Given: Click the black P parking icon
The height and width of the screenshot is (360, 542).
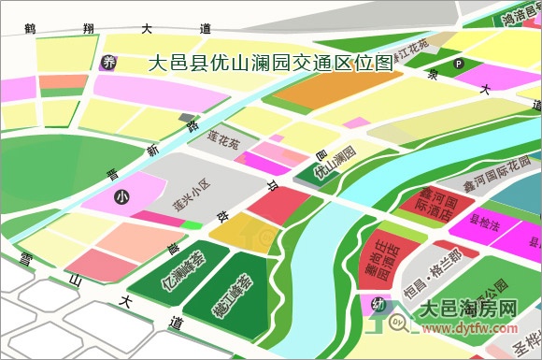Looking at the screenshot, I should (459, 64).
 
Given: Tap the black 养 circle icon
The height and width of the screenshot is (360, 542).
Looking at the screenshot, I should (108, 63).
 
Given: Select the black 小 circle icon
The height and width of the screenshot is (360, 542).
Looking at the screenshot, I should (121, 197).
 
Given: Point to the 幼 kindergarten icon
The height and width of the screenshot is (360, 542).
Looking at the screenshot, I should (378, 304).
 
